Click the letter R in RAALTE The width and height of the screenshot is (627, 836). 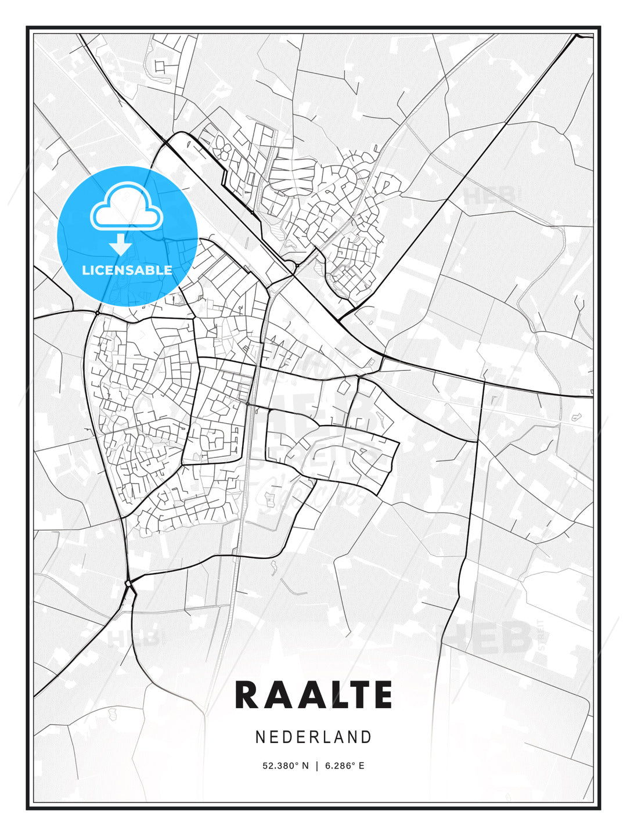(x=246, y=695)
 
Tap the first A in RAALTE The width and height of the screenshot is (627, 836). (x=275, y=695)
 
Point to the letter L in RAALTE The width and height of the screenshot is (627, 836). (x=336, y=695)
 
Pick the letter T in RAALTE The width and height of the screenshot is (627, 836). (x=358, y=695)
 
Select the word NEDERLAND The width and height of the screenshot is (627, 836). (x=313, y=737)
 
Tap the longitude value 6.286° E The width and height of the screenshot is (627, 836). (x=345, y=766)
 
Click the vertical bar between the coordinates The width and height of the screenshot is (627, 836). (x=317, y=766)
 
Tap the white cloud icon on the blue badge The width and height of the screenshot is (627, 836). (x=127, y=206)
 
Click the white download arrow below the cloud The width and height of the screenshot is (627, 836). (x=121, y=244)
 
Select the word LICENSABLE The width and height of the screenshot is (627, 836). (x=127, y=270)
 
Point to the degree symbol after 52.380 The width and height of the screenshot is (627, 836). (x=298, y=763)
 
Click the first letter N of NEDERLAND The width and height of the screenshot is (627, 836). (x=260, y=737)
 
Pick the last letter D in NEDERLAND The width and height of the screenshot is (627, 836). (x=366, y=737)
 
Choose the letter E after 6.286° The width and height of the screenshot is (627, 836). (x=362, y=766)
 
